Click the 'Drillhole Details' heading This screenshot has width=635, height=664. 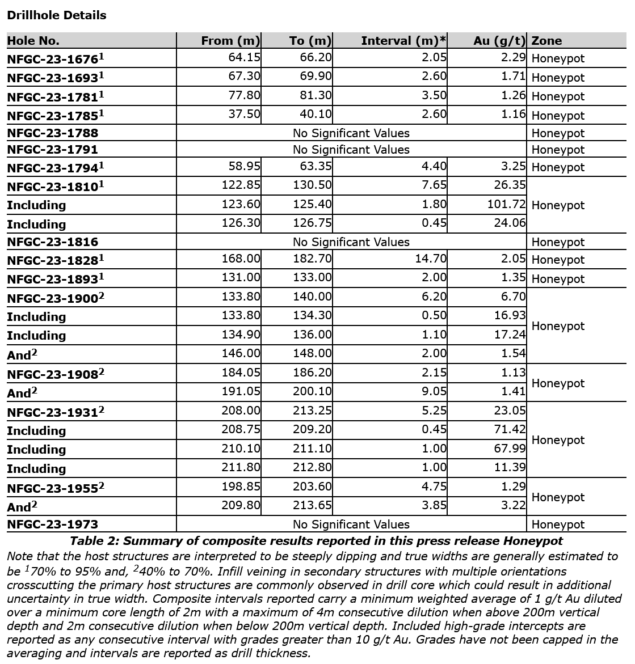[x=56, y=15]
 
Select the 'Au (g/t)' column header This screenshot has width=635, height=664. [x=499, y=41]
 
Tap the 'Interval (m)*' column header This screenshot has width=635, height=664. [x=403, y=41]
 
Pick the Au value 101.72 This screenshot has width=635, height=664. [x=507, y=204]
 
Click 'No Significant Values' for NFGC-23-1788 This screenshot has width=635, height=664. [x=351, y=133]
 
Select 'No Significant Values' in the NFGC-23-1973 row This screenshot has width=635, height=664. [x=351, y=525]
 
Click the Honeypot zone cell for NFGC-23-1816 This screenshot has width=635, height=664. [x=558, y=242]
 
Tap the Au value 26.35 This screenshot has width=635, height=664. [x=510, y=185]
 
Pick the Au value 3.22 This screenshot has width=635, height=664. [x=513, y=505]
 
